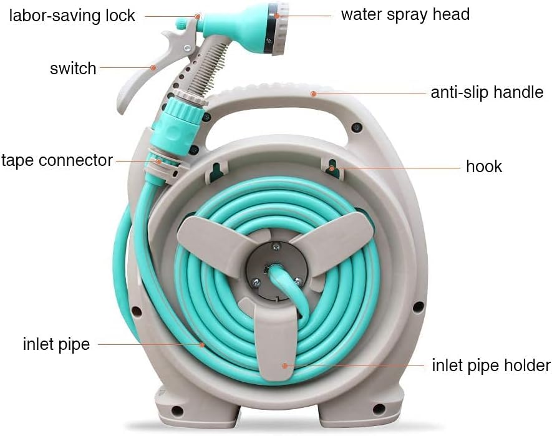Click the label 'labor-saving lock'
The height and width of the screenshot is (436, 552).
[72, 16]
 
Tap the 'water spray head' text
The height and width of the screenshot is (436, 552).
[405, 15]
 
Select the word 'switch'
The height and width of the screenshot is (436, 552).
[73, 68]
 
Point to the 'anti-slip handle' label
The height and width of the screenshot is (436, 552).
[487, 92]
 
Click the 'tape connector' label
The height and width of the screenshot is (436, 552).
[57, 160]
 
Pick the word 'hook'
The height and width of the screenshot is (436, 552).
[484, 167]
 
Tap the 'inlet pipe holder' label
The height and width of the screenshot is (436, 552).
[491, 366]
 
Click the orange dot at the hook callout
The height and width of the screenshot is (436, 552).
[332, 168]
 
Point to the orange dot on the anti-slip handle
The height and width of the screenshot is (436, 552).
[313, 94]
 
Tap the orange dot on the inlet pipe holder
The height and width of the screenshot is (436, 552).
[284, 366]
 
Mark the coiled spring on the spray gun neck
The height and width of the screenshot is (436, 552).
[208, 69]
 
